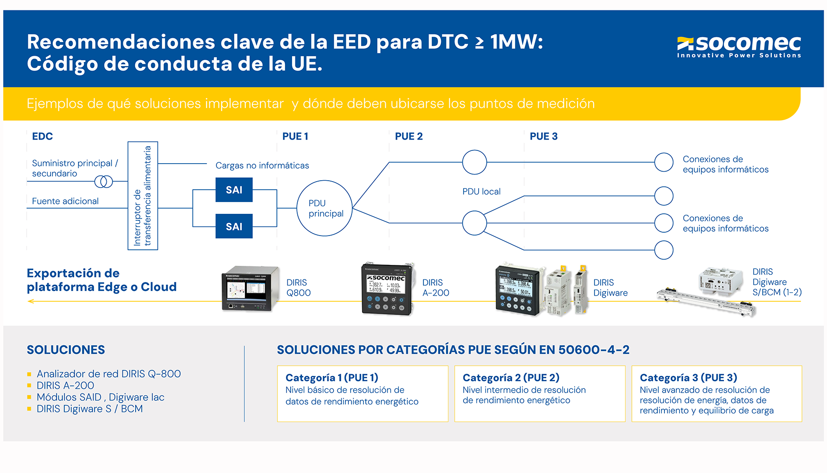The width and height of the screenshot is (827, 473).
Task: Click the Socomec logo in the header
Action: [739, 46]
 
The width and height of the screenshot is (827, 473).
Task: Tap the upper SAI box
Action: [234, 190]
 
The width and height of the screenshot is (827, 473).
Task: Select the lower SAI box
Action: [234, 227]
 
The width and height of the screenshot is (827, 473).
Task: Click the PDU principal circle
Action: [324, 208]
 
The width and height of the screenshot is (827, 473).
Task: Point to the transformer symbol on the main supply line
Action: [103, 181]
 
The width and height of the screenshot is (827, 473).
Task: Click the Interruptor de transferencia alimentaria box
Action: [143, 196]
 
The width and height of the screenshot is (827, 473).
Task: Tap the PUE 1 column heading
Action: [295, 136]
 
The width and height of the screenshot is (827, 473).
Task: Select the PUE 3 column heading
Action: [543, 136]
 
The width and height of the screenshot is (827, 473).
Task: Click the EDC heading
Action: [42, 136]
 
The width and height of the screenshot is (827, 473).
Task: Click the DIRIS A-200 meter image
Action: [387, 289]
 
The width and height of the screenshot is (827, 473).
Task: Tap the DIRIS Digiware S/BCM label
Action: [776, 282]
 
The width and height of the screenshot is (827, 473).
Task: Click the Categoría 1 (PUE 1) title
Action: [332, 377]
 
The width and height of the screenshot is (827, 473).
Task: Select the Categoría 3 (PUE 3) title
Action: [688, 377]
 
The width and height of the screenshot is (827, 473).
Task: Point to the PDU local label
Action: [481, 192]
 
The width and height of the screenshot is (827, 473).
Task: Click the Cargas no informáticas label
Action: [262, 166]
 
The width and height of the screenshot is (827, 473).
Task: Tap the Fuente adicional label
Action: [65, 201]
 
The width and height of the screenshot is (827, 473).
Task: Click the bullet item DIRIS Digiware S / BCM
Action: [90, 409]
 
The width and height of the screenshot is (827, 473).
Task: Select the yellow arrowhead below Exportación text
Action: [31, 301]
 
